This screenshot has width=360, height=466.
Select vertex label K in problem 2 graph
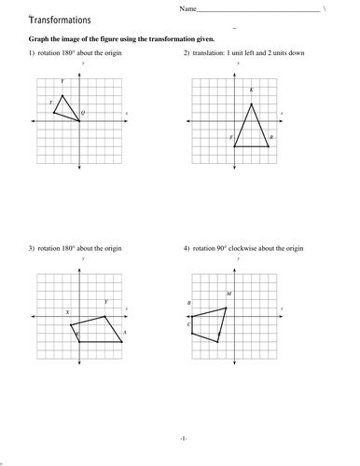click(252, 90)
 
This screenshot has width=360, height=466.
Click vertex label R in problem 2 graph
click(270, 137)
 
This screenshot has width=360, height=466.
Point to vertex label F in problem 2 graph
click(230, 137)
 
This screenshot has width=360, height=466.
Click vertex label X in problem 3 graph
click(67, 312)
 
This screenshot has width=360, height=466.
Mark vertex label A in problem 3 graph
click(124, 332)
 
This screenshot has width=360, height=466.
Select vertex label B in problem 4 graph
click(188, 303)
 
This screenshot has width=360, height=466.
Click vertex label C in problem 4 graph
click(187, 324)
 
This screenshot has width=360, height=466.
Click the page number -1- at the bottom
click(184, 437)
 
